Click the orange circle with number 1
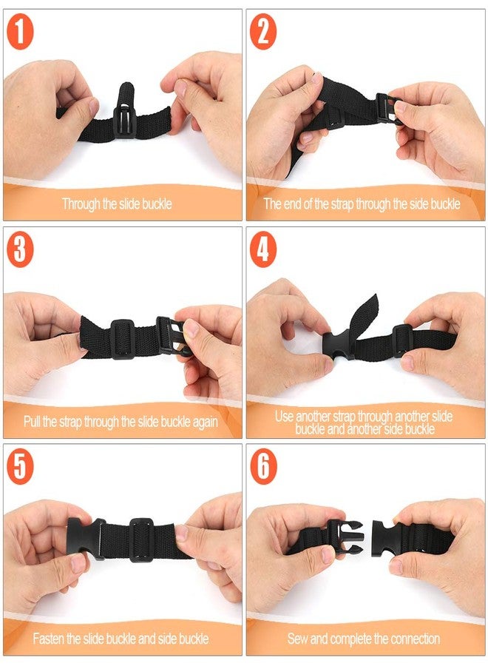point(20,32)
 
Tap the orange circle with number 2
point(263,32)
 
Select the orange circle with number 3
point(20,249)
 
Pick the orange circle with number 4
point(263,249)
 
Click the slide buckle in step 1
point(125,122)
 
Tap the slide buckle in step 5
point(142,539)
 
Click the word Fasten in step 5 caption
point(48,639)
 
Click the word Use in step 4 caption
point(285,416)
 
